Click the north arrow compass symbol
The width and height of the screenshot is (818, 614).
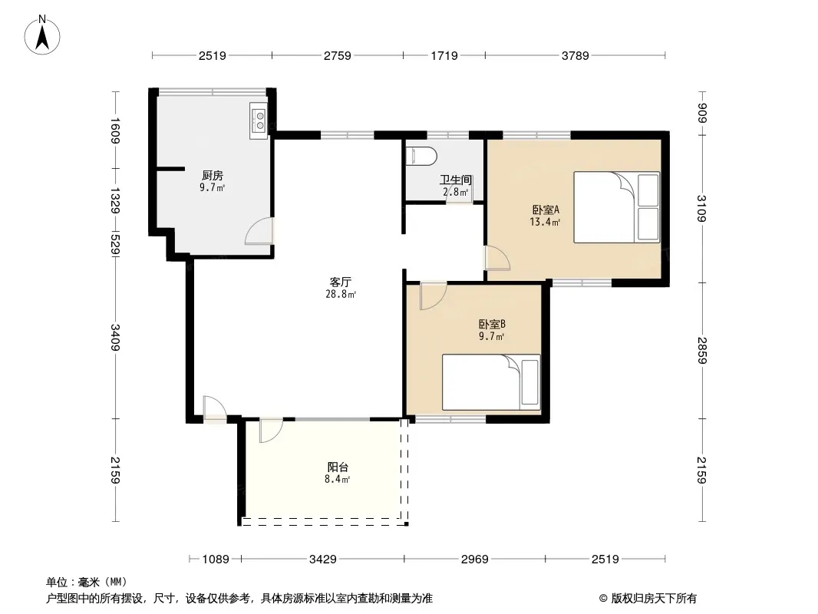click(42, 35)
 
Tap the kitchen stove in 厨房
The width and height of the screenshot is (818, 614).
click(259, 120)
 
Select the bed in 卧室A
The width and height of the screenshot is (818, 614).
click(617, 207)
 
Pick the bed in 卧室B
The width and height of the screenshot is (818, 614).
click(491, 382)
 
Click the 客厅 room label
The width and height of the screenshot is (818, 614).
click(340, 282)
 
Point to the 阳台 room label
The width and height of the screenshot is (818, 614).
click(338, 467)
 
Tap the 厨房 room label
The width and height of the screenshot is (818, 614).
click(213, 175)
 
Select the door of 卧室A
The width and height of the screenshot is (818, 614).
click(498, 258)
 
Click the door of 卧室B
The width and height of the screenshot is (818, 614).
click(433, 295)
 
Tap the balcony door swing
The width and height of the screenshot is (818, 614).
click(272, 431)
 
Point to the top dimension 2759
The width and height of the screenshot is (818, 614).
click(338, 55)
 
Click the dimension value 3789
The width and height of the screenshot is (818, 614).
click(576, 55)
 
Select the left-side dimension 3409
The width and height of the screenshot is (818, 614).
click(115, 338)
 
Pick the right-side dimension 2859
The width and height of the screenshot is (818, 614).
click(702, 351)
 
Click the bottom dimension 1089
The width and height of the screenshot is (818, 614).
click(216, 560)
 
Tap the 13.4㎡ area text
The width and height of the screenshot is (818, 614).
click(545, 223)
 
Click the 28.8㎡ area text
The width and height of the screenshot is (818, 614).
click(341, 294)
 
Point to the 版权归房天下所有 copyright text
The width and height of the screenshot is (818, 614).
click(654, 599)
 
